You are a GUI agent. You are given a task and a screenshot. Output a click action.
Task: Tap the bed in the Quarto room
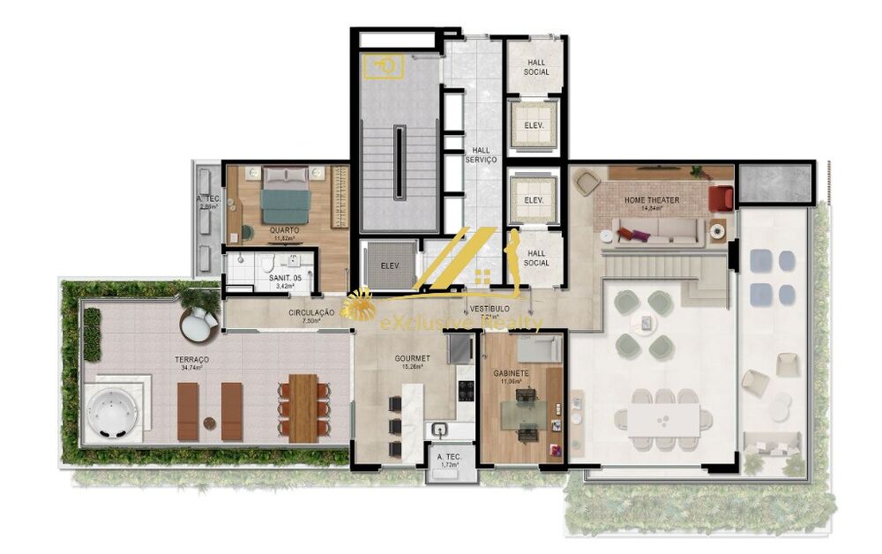tap(285, 195)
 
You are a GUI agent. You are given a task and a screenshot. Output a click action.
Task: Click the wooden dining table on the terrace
tap(303, 407)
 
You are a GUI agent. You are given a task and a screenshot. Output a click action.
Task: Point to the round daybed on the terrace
tap(199, 324)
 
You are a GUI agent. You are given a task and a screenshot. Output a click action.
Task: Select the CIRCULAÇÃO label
tap(310, 313)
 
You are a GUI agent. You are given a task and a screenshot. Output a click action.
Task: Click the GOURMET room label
tap(412, 358)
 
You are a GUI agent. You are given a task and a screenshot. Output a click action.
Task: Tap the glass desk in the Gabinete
tap(524, 415)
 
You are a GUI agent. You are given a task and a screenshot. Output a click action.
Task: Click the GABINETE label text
tap(511, 373)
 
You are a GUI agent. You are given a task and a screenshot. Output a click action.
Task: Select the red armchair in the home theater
tap(721, 198)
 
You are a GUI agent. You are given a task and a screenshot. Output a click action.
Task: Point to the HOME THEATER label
tap(652, 200)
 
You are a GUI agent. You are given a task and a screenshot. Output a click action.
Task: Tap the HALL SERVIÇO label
tap(481, 154)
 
